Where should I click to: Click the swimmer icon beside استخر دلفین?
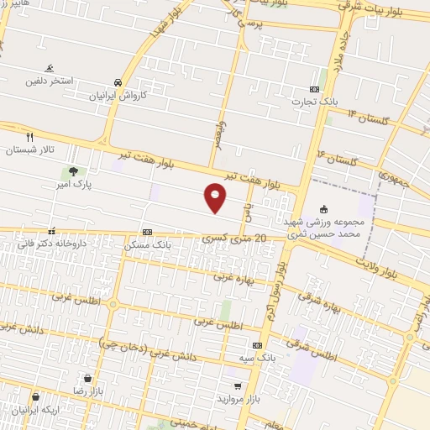50,68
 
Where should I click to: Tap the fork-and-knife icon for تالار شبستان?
29,136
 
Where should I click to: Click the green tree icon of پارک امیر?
74,171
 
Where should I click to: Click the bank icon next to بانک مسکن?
147,232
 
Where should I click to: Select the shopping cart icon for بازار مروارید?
239,385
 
